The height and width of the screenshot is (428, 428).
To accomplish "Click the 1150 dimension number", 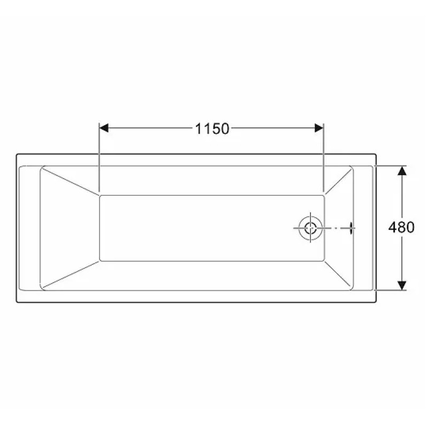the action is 212,128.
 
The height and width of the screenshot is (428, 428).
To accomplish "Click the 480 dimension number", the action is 401,227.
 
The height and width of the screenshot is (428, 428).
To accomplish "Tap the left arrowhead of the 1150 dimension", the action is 104,128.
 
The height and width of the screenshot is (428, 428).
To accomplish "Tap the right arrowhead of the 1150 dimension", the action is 319,128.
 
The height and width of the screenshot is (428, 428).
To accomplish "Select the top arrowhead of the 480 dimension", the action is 402,171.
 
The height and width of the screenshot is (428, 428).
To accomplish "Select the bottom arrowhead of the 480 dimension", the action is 402,286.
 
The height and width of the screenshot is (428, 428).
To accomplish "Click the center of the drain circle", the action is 310,228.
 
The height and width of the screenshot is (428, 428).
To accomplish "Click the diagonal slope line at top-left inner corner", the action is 71,181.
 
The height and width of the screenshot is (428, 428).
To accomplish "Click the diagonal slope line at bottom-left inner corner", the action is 71,274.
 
